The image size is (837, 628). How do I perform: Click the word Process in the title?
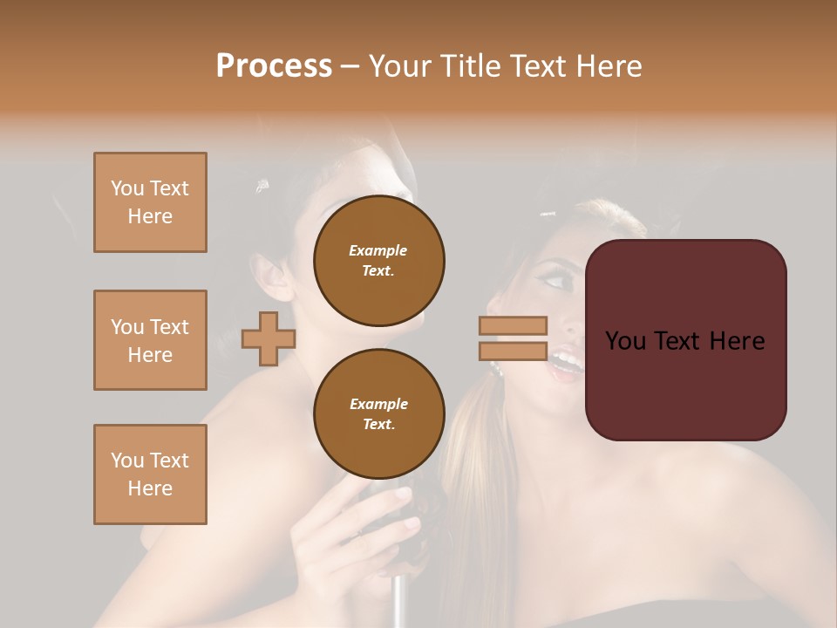(274, 65)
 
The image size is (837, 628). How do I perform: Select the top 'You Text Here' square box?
(150, 202)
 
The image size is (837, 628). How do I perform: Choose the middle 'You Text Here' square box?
(150, 340)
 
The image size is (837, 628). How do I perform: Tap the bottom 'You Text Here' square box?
(150, 474)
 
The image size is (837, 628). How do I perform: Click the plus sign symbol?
(269, 338)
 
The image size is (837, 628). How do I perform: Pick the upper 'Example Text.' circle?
(379, 261)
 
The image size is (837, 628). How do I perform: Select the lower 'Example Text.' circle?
(379, 414)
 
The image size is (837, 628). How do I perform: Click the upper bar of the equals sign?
(513, 326)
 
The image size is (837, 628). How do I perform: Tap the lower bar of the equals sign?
(513, 351)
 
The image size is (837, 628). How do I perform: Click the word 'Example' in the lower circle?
(379, 404)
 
